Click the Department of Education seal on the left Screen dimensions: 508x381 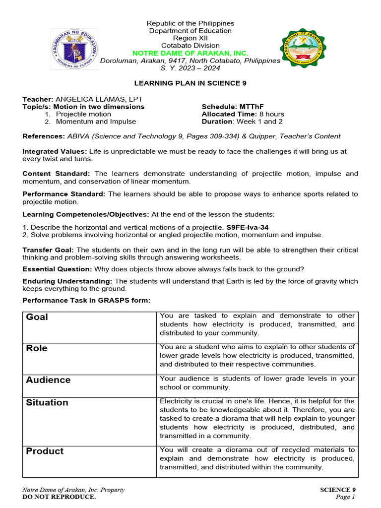74,49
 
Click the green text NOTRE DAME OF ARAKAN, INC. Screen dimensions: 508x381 190,53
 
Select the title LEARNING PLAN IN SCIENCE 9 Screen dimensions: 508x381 190,83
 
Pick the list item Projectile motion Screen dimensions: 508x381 83,114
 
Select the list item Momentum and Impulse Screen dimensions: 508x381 96,122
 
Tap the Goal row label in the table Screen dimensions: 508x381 37,317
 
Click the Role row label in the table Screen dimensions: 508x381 37,348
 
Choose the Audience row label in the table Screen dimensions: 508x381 48,380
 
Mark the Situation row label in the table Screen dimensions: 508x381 47,402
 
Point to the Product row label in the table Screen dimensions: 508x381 45,451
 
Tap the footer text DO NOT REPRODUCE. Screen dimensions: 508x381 59,497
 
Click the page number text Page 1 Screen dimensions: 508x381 345,497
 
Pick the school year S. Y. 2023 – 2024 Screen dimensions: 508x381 190,68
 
